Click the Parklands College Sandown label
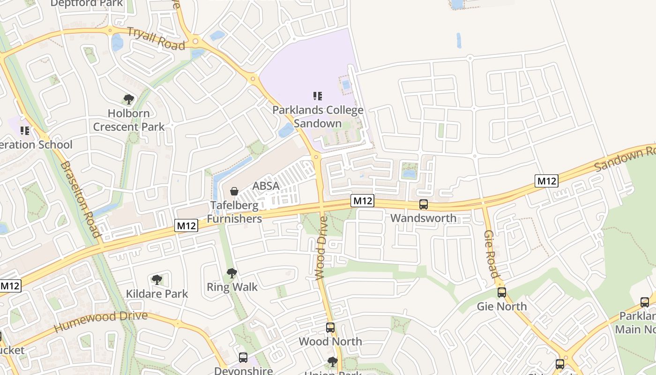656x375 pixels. click(x=318, y=117)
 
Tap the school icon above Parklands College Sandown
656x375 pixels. click(x=318, y=96)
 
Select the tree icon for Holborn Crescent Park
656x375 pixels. click(x=129, y=99)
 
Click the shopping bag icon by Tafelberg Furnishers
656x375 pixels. click(x=234, y=191)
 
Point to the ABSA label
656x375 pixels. click(x=266, y=186)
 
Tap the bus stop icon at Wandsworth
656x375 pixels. click(x=423, y=204)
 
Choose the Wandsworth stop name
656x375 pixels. click(x=423, y=218)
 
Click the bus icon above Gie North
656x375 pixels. click(x=502, y=292)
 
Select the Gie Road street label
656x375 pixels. click(x=491, y=254)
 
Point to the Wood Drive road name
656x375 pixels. click(x=321, y=248)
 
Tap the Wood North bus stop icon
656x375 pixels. click(x=330, y=328)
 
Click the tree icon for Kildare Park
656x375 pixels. click(x=157, y=280)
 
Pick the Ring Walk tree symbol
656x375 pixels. click(x=231, y=273)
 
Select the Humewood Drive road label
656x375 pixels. click(x=100, y=322)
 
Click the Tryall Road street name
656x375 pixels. click(x=156, y=38)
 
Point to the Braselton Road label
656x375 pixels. click(x=80, y=200)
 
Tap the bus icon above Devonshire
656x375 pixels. click(x=243, y=358)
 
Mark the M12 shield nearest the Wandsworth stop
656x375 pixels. click(x=363, y=201)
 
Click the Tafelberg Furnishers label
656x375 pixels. click(x=234, y=212)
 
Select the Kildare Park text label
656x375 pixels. click(x=157, y=294)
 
